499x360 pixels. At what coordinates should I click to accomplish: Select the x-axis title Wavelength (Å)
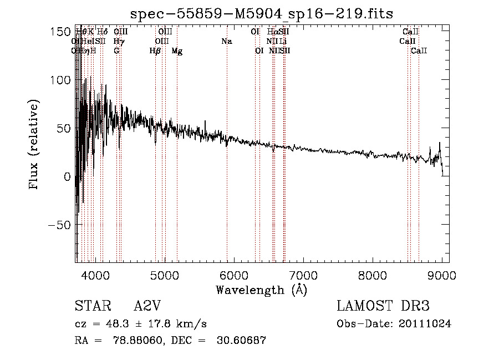[x=261, y=290]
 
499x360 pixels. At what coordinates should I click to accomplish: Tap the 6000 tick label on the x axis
[x=235, y=275]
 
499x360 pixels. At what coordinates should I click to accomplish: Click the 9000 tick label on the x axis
[x=442, y=275]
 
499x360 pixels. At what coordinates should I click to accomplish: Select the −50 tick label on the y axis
[x=58, y=225]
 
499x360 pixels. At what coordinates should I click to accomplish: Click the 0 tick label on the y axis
[x=67, y=177]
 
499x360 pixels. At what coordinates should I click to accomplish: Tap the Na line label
[x=226, y=42]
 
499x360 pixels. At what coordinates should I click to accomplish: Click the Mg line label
[x=177, y=51]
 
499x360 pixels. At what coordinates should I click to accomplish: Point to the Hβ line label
[x=155, y=51]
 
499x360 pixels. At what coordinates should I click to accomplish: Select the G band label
[x=116, y=51]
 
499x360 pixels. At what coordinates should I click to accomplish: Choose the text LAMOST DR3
[x=383, y=306]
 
